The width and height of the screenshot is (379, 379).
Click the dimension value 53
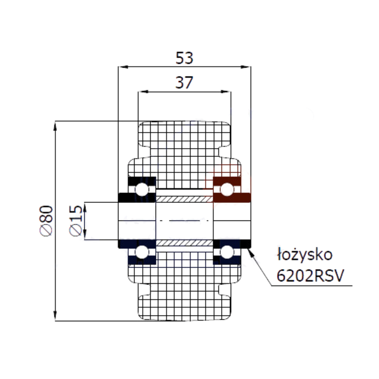click(184, 58)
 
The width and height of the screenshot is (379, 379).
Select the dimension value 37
click(184, 82)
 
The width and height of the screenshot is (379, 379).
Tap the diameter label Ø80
click(46, 221)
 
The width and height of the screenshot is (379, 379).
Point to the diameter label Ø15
click(76, 221)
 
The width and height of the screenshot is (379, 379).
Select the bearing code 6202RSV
click(310, 276)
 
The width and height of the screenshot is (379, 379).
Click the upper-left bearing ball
click(142, 189)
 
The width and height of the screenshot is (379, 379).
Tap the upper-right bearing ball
click(227, 189)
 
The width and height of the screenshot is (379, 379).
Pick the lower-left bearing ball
click(142, 252)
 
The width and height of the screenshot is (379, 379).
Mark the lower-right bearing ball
click(227, 252)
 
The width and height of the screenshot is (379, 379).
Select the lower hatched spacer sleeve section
click(184, 243)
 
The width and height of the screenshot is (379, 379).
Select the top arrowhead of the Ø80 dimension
click(55, 126)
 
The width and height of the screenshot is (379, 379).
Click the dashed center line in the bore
click(184, 221)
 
